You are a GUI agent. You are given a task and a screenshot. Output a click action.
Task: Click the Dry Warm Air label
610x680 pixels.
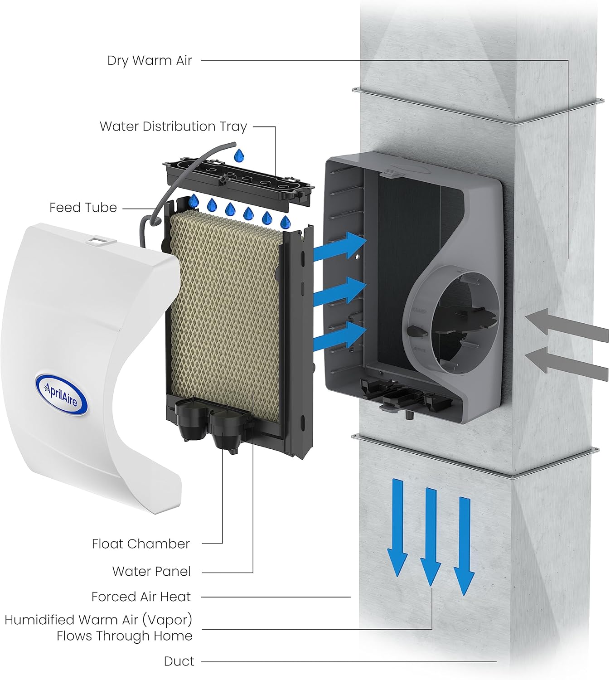pos(150,61)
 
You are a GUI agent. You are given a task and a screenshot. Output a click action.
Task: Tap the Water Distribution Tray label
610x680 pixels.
pos(173,126)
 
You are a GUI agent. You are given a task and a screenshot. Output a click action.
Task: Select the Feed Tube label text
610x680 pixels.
pos(83,208)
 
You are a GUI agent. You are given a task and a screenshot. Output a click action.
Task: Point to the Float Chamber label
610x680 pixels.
pos(140,544)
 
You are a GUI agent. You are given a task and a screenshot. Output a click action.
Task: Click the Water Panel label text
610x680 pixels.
pos(151,572)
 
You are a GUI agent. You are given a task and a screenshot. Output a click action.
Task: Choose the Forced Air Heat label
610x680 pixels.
pos(141,597)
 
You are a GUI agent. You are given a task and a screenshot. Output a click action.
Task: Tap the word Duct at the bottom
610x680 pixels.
pos(179,661)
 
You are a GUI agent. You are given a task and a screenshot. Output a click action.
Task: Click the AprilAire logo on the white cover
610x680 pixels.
pos(61,393)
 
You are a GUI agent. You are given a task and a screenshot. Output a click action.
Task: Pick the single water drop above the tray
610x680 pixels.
pos(238,155)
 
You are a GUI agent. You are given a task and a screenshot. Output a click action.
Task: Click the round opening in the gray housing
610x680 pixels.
pos(465,322)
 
